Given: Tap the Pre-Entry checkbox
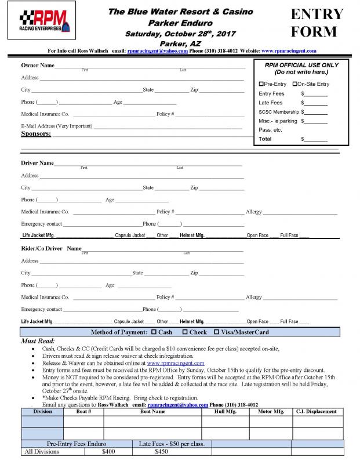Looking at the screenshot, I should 261,84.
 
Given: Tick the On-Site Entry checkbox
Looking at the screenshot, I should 295,84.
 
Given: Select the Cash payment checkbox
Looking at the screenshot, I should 154,332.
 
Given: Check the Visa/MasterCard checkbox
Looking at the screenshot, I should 217,332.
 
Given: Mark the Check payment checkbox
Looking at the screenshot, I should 184,332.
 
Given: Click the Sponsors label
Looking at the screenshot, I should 36,134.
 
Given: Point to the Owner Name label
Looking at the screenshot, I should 38,65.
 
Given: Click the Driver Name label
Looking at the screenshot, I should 38,163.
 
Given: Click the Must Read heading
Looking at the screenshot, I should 38,340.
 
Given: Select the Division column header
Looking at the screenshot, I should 42,411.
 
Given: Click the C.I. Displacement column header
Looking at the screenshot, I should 316,411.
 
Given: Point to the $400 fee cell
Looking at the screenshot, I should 108,451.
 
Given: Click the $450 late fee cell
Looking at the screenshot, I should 162,451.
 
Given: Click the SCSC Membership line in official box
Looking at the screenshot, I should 279,112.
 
